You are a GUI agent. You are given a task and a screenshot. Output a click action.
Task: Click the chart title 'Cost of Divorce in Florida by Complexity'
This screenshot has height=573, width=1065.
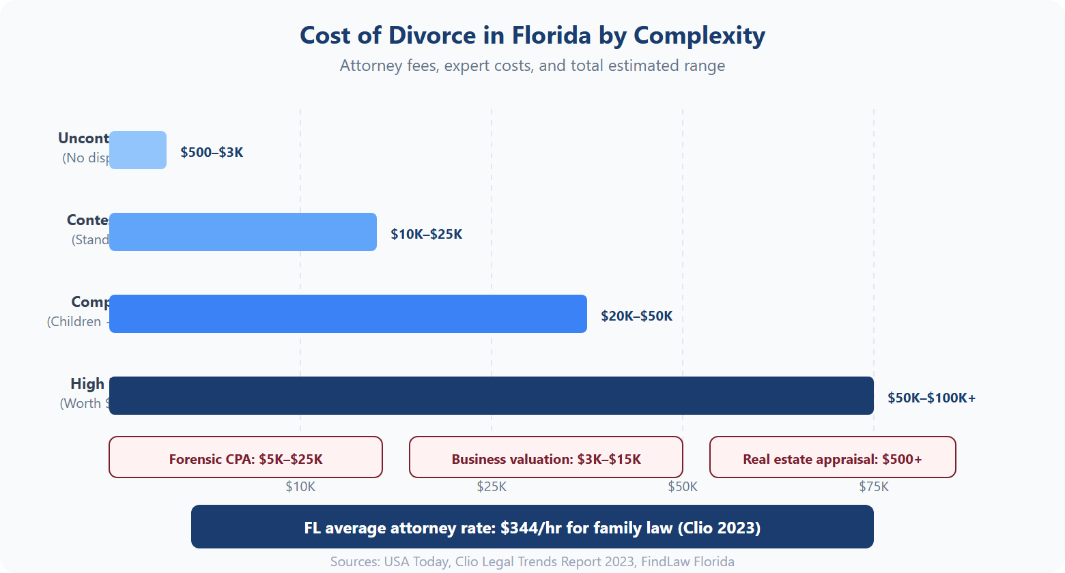pyautogui.click(x=532, y=35)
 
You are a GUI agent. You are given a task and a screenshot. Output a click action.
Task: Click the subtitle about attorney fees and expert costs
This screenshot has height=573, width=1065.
pyautogui.click(x=532, y=65)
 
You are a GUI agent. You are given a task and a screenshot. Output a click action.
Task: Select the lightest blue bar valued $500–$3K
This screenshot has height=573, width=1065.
pyautogui.click(x=138, y=150)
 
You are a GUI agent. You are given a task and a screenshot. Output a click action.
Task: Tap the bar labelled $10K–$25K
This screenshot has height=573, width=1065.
pyautogui.click(x=243, y=232)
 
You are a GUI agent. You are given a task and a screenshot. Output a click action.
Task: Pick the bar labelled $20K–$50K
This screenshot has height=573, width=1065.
pyautogui.click(x=348, y=314)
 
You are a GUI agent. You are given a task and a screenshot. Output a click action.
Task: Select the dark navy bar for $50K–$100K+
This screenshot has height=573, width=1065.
pyautogui.click(x=492, y=396)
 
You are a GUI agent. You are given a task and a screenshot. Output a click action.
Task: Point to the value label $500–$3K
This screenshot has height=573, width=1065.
pyautogui.click(x=212, y=152)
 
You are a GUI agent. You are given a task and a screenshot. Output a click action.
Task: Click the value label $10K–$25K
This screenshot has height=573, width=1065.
pyautogui.click(x=426, y=234)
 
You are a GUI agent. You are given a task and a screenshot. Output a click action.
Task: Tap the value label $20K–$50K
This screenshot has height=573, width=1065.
pyautogui.click(x=636, y=316)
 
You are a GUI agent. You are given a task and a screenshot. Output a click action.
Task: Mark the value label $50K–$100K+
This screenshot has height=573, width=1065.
pyautogui.click(x=931, y=398)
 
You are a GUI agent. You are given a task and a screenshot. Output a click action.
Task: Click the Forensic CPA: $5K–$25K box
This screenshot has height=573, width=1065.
pyautogui.click(x=246, y=458)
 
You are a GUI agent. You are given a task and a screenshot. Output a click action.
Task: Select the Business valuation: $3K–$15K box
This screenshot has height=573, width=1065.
pyautogui.click(x=546, y=458)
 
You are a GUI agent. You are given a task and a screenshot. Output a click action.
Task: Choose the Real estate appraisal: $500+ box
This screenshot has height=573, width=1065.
pyautogui.click(x=832, y=458)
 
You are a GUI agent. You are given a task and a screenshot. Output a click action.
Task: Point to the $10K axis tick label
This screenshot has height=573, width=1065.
pyautogui.click(x=300, y=486)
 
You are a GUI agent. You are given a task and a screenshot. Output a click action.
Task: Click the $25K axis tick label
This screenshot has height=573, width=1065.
pyautogui.click(x=492, y=486)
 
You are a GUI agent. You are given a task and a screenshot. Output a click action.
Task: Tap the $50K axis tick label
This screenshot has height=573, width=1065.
pyautogui.click(x=683, y=486)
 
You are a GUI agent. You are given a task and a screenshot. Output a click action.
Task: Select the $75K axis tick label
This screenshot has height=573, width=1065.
pyautogui.click(x=874, y=486)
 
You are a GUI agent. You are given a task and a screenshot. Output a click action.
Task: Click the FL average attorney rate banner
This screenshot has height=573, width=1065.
pyautogui.click(x=532, y=527)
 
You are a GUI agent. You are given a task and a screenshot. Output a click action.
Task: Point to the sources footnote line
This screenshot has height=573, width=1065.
pyautogui.click(x=532, y=561)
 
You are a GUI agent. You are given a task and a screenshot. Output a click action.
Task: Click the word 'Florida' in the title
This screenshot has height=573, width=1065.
pyautogui.click(x=552, y=35)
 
